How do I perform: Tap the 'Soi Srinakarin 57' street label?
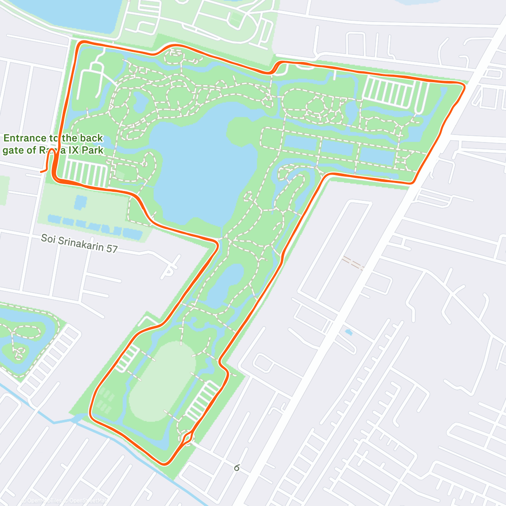79,243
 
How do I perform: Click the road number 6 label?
237,468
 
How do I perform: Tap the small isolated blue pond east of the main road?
348,332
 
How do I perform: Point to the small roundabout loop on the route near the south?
187,437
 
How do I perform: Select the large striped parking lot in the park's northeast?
388,92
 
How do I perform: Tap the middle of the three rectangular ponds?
337,148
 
